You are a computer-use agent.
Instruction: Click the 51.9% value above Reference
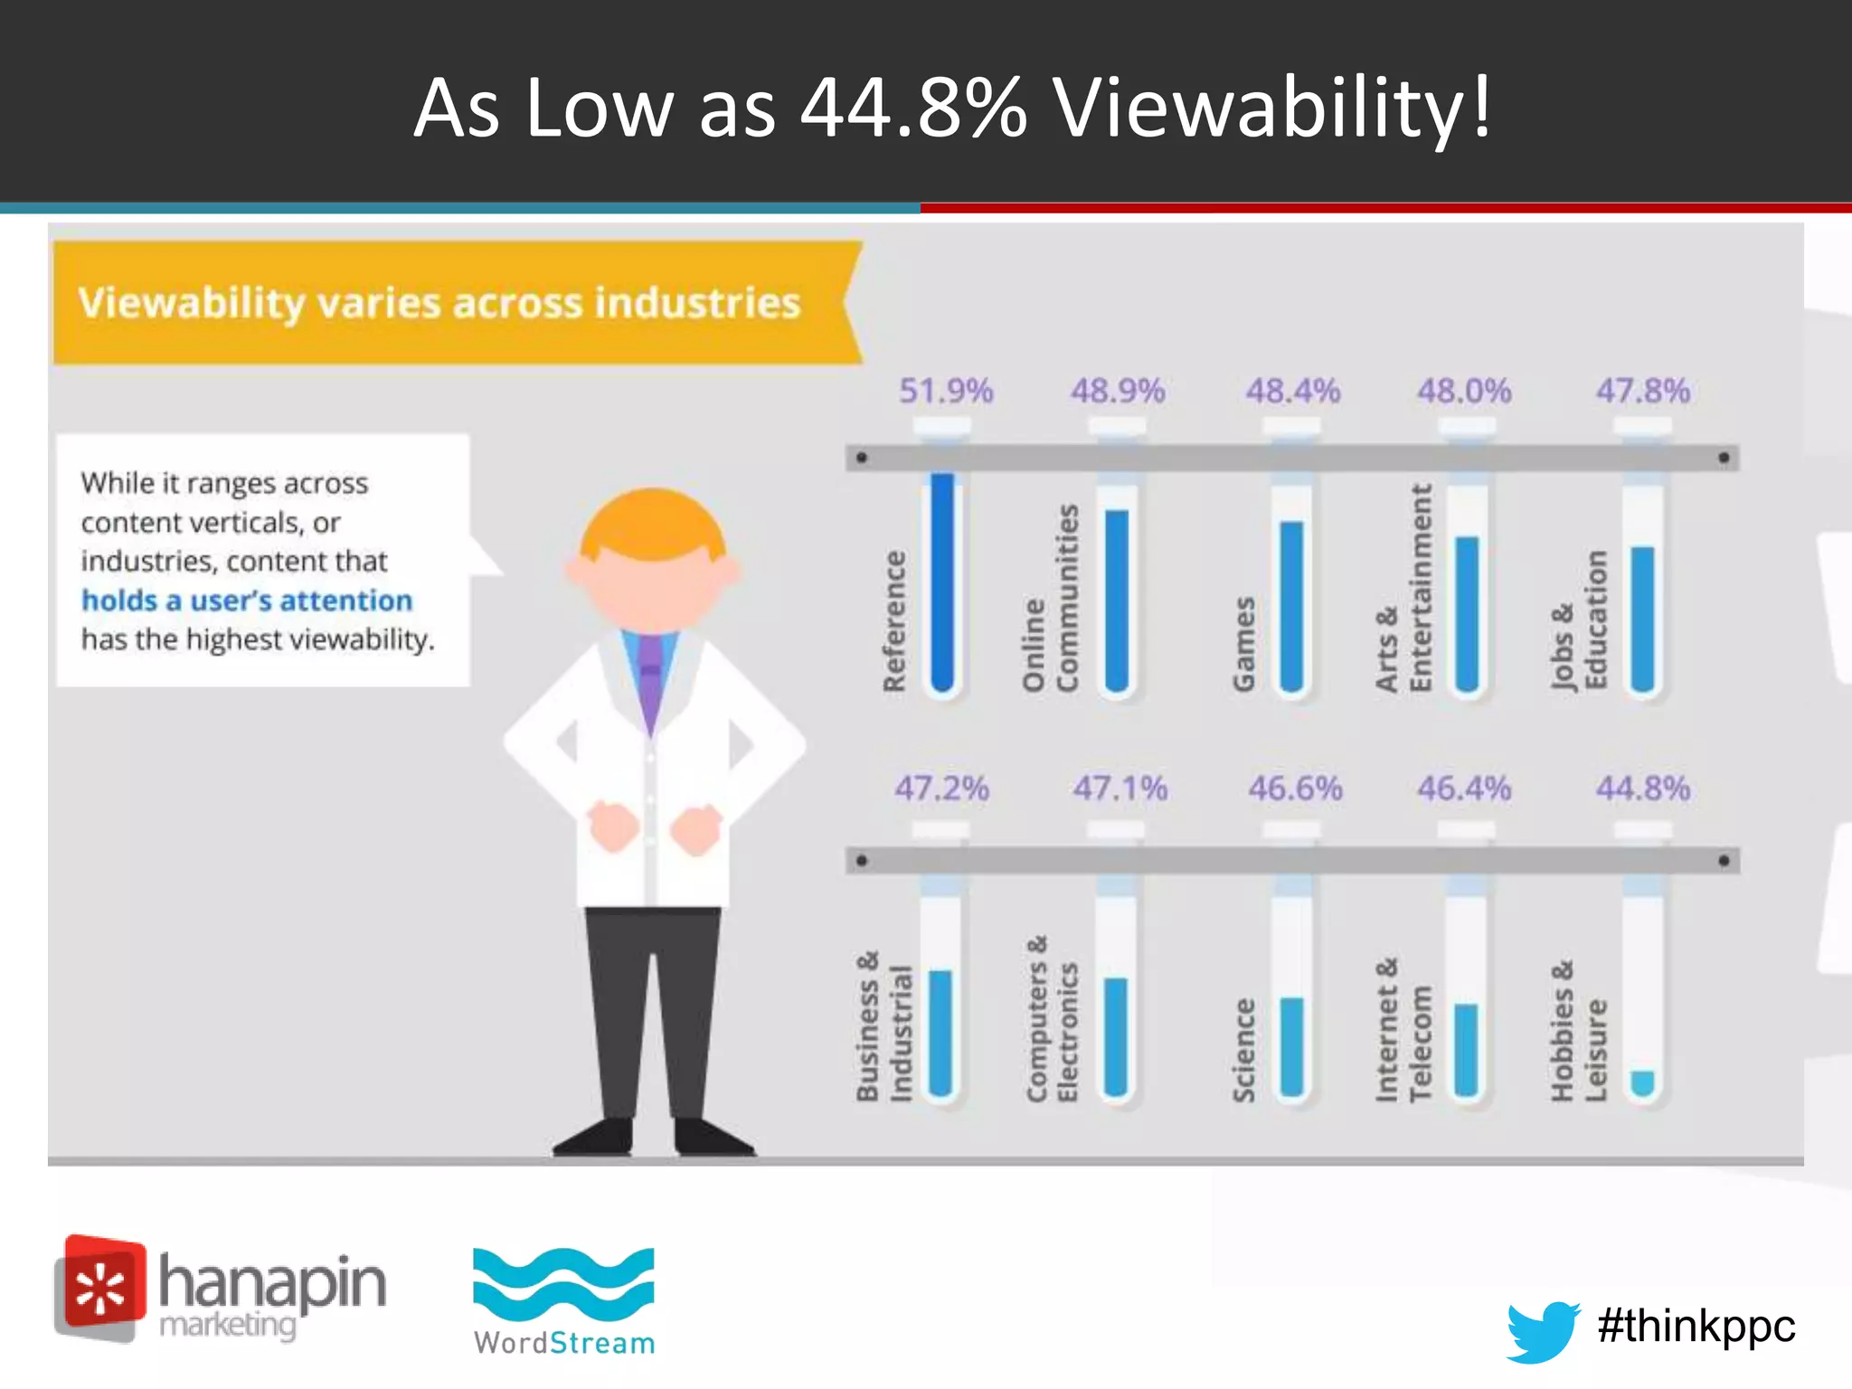946,391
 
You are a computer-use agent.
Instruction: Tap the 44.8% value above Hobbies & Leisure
1642,789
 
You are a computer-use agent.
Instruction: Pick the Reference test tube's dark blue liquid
942,579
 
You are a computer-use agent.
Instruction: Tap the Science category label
1244,1049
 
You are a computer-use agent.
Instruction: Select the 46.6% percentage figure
1295,789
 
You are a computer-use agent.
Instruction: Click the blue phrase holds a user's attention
247,600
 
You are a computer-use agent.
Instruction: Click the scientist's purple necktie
650,678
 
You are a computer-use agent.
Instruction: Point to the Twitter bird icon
1543,1329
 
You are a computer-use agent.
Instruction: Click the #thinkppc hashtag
1696,1326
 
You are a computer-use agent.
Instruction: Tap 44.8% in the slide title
913,109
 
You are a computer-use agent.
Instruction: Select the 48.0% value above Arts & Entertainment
1464,391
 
